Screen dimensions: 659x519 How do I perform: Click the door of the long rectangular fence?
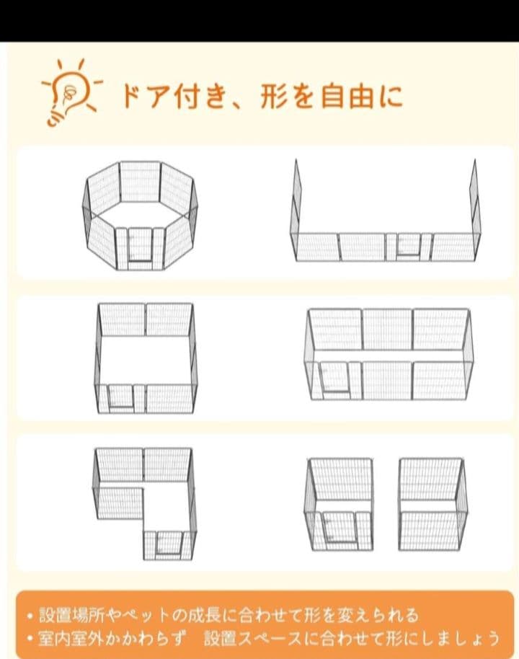point(334,378)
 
